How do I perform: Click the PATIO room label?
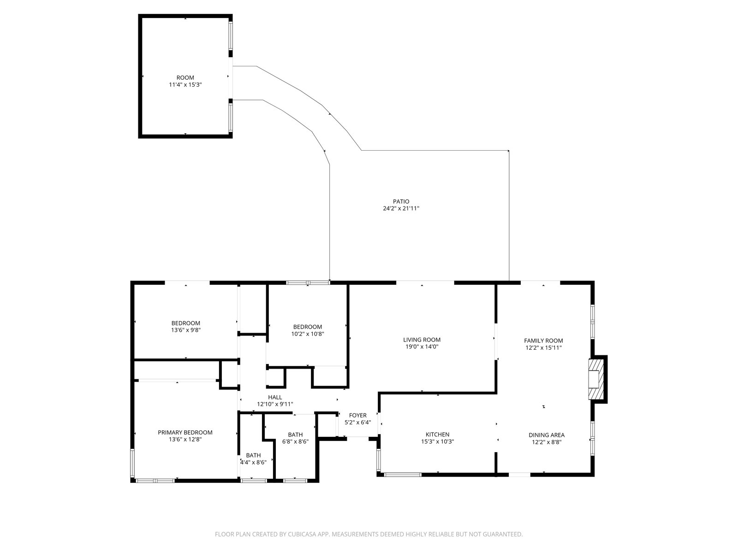pyautogui.click(x=401, y=201)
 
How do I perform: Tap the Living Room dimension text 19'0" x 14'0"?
pyautogui.click(x=422, y=347)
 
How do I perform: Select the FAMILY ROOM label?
pyautogui.click(x=543, y=341)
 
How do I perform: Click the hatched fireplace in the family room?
pyautogui.click(x=594, y=379)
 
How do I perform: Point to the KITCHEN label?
pyautogui.click(x=437, y=435)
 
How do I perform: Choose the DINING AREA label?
pyautogui.click(x=547, y=435)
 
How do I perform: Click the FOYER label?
pyautogui.click(x=358, y=415)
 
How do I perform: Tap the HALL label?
pyautogui.click(x=275, y=397)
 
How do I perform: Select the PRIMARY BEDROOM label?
pyautogui.click(x=185, y=432)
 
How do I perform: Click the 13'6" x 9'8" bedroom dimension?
pyautogui.click(x=185, y=329)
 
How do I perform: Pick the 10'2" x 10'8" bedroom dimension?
pyautogui.click(x=307, y=334)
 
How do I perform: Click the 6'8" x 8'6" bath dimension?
pyautogui.click(x=295, y=441)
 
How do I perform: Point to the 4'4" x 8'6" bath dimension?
pyautogui.click(x=253, y=462)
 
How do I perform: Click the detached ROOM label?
pyautogui.click(x=185, y=77)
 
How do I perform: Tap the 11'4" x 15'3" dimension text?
pyautogui.click(x=185, y=85)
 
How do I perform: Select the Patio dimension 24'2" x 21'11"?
pyautogui.click(x=401, y=208)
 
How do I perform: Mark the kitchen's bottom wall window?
pyautogui.click(x=403, y=475)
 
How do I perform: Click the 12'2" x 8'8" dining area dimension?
pyautogui.click(x=547, y=442)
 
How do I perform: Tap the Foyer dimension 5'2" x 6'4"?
pyautogui.click(x=358, y=423)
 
